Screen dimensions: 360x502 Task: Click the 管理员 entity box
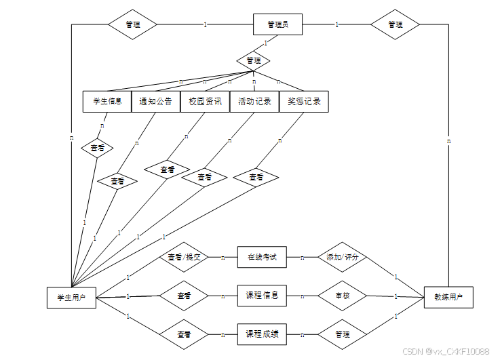[x=277, y=25]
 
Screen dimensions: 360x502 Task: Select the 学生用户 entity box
[x=71, y=297]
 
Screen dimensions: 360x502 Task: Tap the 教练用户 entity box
[x=448, y=297]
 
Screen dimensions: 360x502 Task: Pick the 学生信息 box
[x=107, y=102]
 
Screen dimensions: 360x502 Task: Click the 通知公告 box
[x=155, y=102]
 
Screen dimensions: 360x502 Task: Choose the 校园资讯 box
[x=205, y=102]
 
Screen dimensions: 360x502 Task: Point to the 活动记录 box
[x=254, y=102]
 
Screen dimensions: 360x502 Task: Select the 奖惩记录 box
[x=304, y=102]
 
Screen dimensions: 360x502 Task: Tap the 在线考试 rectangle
[x=262, y=258]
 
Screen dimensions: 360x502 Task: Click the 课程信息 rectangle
[x=262, y=296]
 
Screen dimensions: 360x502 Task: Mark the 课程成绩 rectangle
[x=262, y=334]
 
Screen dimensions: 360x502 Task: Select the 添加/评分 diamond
[x=342, y=258]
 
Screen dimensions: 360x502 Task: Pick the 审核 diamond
[x=342, y=296]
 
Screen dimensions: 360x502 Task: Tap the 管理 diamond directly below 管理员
[x=253, y=61]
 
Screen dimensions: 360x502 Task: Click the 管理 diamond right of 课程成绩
[x=342, y=334]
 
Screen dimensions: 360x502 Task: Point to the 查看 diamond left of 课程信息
[x=183, y=296]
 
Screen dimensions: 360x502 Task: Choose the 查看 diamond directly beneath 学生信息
[x=97, y=147]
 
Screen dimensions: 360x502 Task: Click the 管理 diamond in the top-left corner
[x=133, y=25]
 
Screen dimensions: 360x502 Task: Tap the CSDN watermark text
[x=446, y=351]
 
